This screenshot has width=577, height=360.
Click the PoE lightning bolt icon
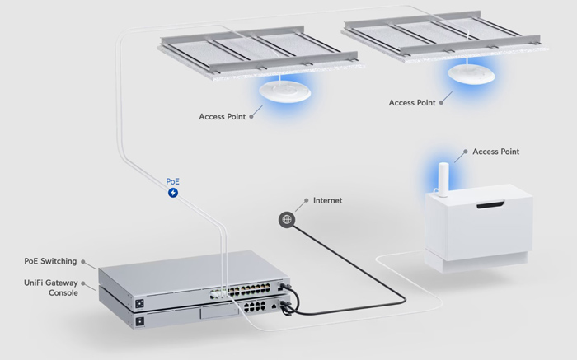[173, 193]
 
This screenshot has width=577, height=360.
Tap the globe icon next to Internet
[287, 219]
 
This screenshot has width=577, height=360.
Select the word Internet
[327, 200]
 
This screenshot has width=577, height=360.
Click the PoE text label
[173, 180]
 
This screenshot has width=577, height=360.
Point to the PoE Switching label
[50, 261]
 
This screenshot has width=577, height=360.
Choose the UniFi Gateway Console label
[50, 288]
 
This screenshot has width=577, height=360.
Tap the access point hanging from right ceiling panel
[467, 72]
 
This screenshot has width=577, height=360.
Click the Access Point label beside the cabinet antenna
[496, 152]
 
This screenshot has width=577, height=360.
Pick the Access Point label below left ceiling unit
[223, 117]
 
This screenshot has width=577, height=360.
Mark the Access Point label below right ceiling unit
[412, 103]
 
